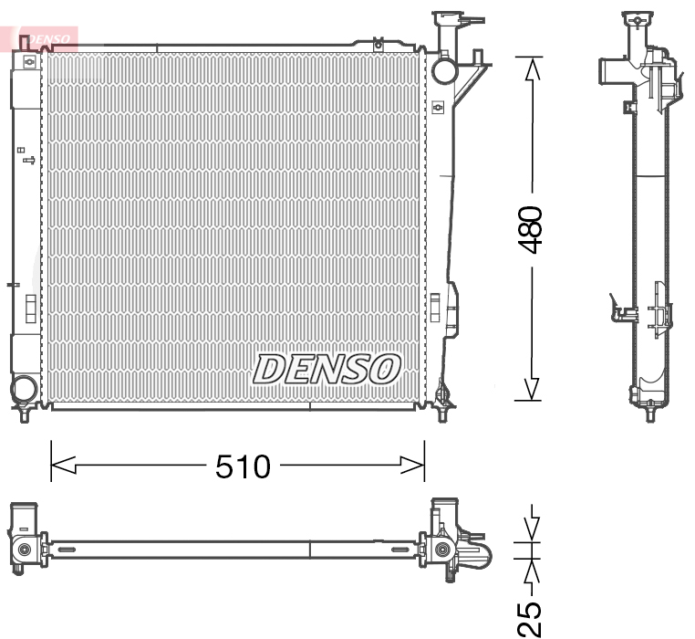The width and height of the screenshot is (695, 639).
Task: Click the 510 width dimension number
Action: (243, 466)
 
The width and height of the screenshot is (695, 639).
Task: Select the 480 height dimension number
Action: (530, 229)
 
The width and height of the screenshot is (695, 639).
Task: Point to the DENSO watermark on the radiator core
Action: (327, 369)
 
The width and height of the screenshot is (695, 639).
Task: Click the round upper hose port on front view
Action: (444, 69)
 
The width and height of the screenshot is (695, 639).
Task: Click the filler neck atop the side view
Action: (638, 22)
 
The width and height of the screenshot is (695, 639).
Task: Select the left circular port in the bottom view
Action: (24, 549)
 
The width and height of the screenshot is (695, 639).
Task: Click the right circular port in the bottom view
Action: (442, 549)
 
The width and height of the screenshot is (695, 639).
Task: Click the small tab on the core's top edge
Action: (378, 42)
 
